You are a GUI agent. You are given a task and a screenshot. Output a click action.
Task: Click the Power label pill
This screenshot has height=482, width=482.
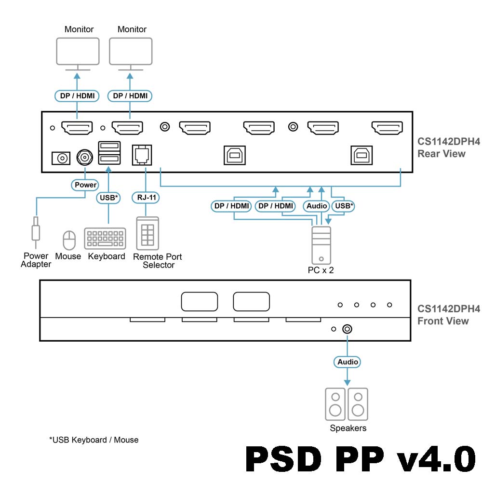(85, 185)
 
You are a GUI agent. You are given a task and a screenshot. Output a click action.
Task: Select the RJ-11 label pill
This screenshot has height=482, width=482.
(145, 197)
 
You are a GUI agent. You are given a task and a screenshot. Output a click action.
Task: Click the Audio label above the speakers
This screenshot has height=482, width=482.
(348, 361)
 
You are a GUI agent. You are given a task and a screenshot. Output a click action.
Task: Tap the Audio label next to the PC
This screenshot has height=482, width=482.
(317, 206)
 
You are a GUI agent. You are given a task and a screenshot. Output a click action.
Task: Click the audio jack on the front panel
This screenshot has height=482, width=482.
(347, 329)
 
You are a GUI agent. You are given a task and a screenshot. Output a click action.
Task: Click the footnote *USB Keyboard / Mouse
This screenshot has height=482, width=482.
(94, 440)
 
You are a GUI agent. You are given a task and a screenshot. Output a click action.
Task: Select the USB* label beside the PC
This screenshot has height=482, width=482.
(344, 206)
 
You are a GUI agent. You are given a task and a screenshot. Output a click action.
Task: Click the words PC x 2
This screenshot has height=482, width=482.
(321, 270)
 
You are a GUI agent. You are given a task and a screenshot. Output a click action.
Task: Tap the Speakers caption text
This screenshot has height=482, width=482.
(348, 428)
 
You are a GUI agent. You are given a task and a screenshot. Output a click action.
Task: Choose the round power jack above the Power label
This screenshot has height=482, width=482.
(85, 157)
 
